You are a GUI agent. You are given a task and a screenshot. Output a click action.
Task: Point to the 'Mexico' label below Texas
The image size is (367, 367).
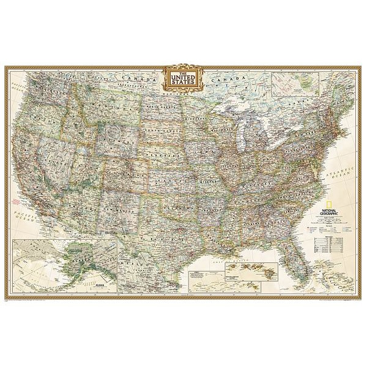(153, 269)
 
